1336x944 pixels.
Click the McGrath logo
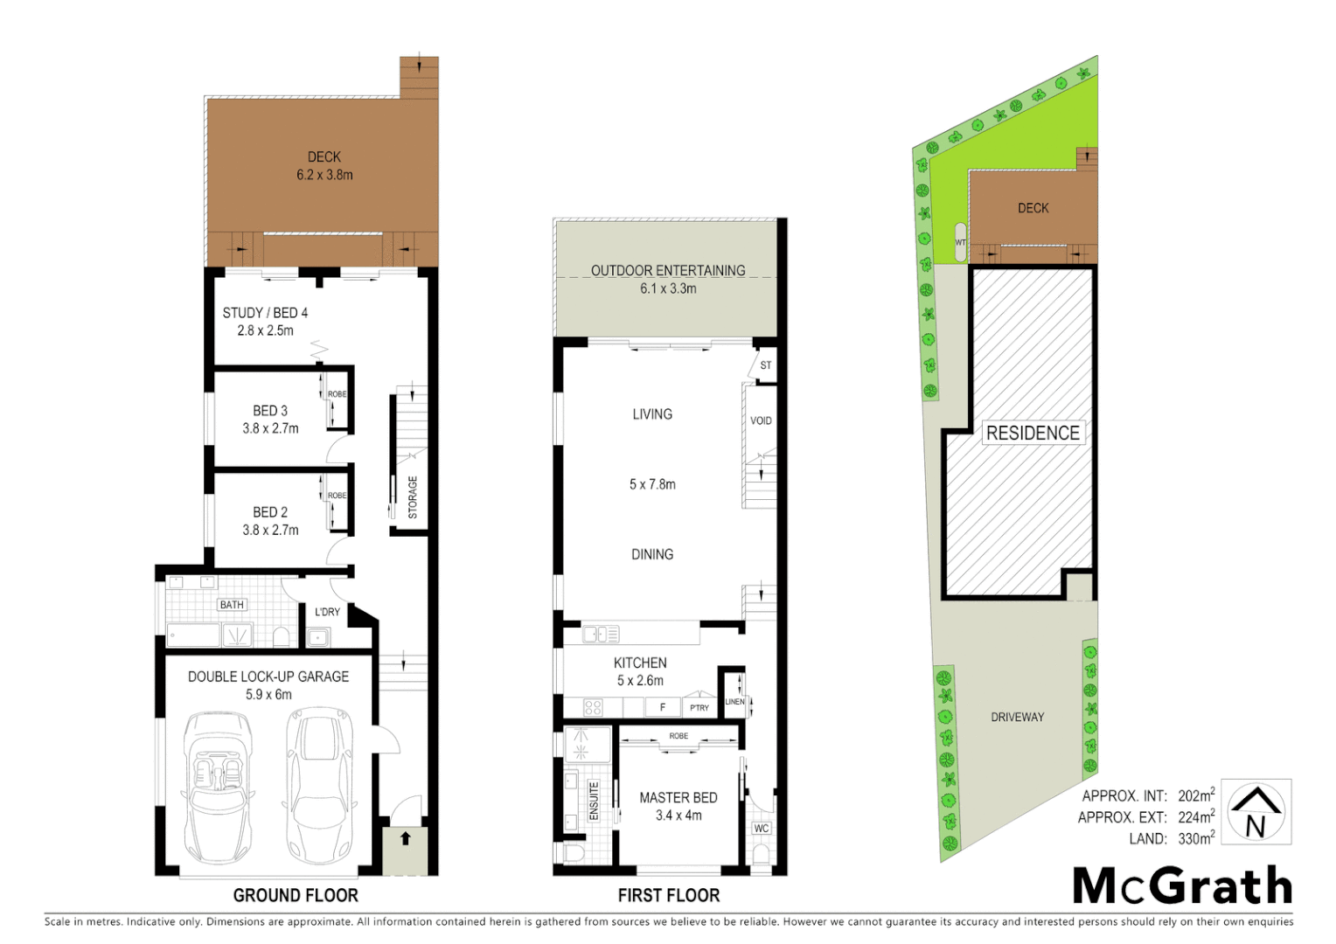(x=1182, y=886)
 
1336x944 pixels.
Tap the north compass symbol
(x=1256, y=812)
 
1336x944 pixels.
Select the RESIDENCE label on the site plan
(x=1033, y=434)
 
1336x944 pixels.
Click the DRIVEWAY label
(x=1017, y=717)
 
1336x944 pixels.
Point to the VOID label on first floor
(x=761, y=420)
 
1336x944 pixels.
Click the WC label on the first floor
(x=762, y=829)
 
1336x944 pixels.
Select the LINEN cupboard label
(x=734, y=702)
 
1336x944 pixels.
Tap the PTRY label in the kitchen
(x=699, y=707)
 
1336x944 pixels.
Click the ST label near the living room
(x=766, y=365)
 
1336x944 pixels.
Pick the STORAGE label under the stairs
(x=413, y=497)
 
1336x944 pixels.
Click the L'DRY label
(x=327, y=612)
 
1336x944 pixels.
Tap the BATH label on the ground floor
(x=232, y=605)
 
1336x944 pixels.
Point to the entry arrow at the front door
(x=405, y=839)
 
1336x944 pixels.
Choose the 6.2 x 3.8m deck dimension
(x=324, y=175)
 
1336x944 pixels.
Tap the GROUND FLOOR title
(x=296, y=895)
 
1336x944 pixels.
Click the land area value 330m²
(x=1195, y=839)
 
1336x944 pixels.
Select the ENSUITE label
(x=594, y=801)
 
